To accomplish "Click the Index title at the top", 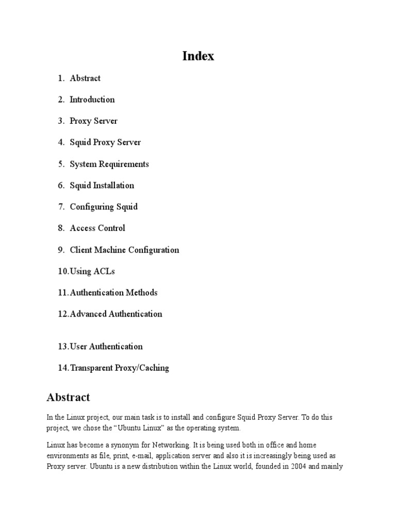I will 198,56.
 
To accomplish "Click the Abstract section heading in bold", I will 68,398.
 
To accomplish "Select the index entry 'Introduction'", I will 92,100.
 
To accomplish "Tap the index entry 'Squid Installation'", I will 102,186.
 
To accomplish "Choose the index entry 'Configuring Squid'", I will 104,207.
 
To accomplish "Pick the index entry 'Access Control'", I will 97,228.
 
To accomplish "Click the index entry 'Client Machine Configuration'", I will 124,250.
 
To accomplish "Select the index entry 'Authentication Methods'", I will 113,293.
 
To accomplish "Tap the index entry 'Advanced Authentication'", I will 116,314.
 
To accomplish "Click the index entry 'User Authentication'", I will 106,346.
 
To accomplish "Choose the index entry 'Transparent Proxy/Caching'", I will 119,368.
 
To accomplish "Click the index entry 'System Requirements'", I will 109,164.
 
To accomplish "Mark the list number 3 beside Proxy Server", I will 60,121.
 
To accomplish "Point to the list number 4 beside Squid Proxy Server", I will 60,142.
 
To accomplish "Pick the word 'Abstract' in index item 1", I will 85,78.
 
